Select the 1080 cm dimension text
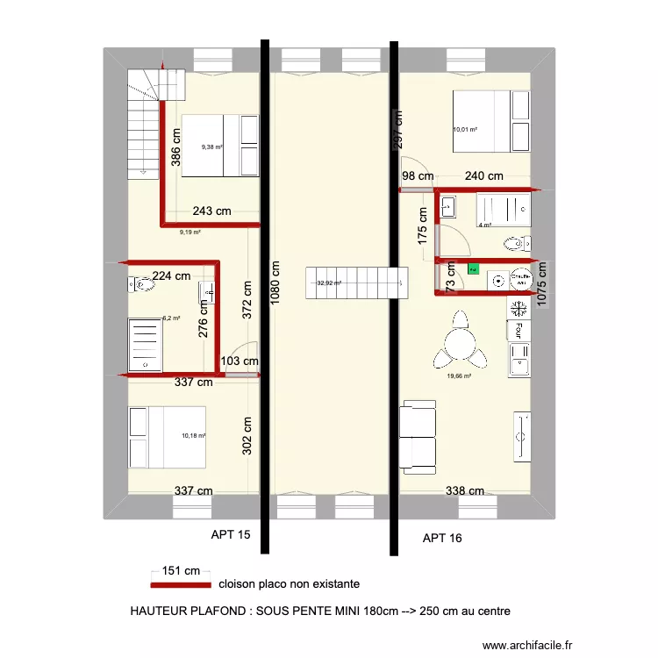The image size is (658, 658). [275, 281]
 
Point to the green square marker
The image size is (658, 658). [474, 271]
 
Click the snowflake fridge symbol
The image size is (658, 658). [519, 308]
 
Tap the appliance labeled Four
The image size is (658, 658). [519, 331]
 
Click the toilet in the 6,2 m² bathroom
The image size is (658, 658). [140, 283]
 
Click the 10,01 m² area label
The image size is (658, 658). [465, 129]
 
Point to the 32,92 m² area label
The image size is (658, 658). [328, 283]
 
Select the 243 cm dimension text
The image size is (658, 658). [211, 211]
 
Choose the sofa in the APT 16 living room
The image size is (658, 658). [418, 435]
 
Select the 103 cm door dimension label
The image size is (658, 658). [240, 361]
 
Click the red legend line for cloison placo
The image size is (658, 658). [180, 584]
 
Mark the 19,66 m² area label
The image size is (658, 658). [461, 375]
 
